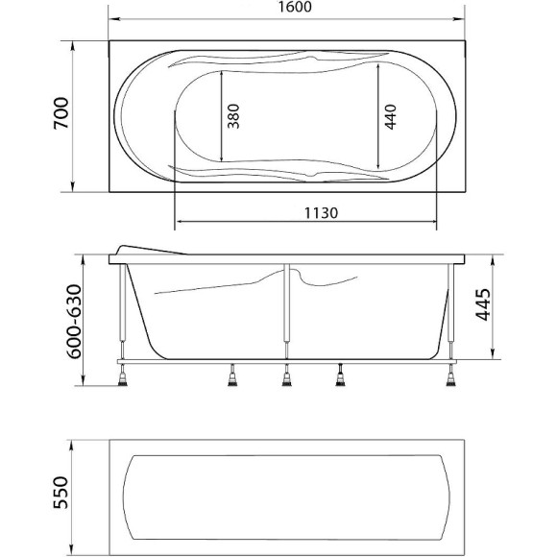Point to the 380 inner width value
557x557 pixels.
point(233,115)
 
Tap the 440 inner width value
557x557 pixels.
point(389,115)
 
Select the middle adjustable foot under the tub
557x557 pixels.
point(286,380)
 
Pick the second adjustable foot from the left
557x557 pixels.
point(232,380)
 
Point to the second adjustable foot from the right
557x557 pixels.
point(340,380)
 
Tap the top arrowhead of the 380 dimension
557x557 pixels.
point(222,73)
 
